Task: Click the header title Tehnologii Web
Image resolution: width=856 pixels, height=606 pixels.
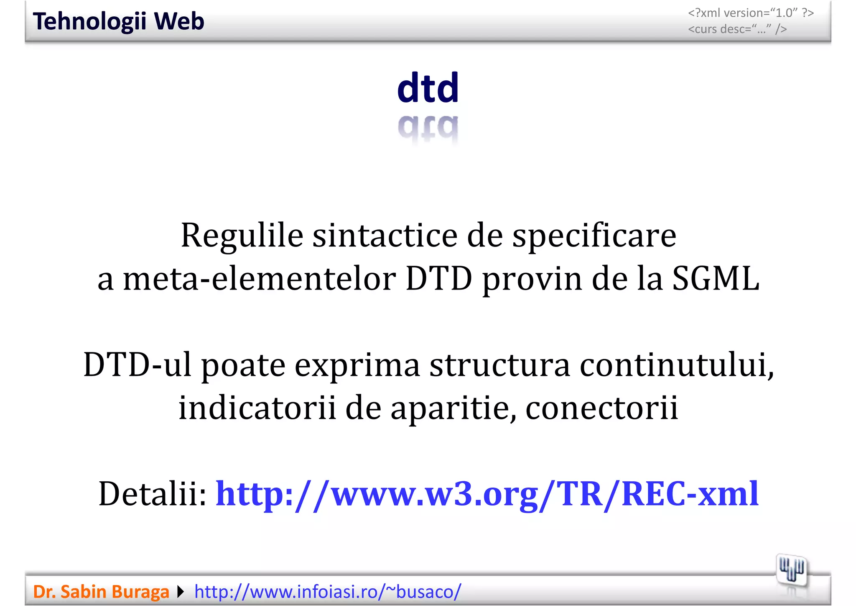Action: pos(118,21)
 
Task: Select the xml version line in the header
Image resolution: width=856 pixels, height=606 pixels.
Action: pos(751,13)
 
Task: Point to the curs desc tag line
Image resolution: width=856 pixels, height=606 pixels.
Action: pos(737,29)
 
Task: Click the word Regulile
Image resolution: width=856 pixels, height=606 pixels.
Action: pos(242,236)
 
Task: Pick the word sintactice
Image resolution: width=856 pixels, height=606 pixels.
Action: pos(385,236)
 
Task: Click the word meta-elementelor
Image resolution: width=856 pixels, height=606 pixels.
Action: pos(259,279)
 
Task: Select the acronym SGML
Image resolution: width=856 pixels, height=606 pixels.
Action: pos(716,279)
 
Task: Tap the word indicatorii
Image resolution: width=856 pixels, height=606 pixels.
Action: pos(257,408)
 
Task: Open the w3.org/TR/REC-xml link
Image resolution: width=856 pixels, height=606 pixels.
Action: pos(487,494)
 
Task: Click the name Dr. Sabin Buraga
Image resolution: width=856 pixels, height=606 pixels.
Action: pos(101,592)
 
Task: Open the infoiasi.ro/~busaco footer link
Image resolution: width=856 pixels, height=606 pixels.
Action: pos(328,592)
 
